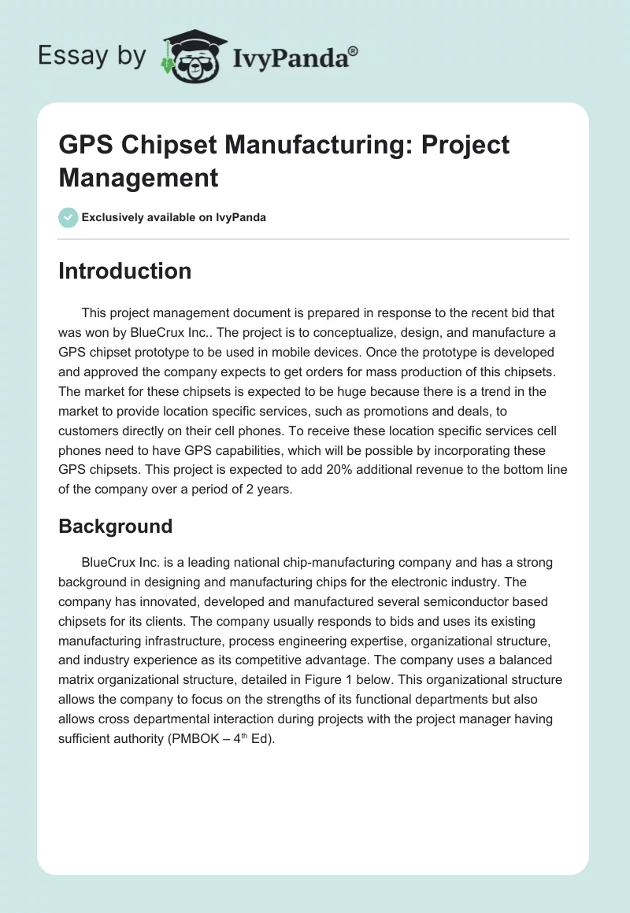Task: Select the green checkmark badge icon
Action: coord(69,217)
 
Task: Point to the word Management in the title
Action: coord(139,177)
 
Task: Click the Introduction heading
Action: coord(124,271)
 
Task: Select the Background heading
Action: coord(115,526)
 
